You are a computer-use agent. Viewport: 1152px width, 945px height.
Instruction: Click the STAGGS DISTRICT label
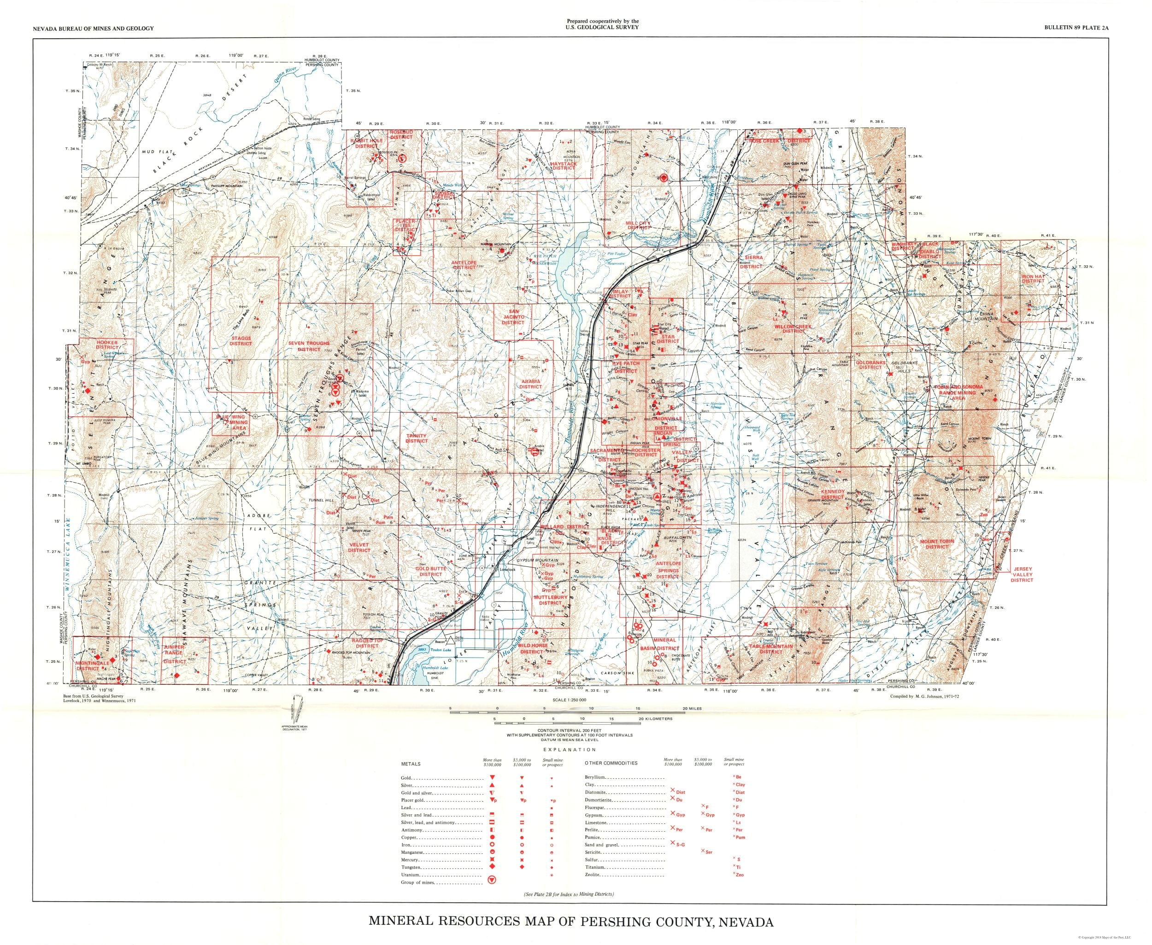pyautogui.click(x=241, y=341)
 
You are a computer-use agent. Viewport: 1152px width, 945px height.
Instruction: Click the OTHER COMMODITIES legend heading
pyautogui.click(x=610, y=763)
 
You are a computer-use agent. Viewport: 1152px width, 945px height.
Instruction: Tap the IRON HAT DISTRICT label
pyautogui.click(x=1033, y=279)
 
